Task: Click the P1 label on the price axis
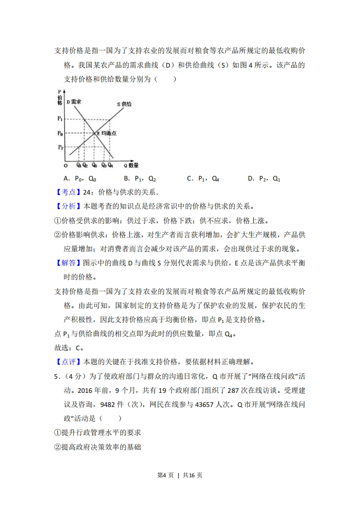(60, 119)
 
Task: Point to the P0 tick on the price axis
(60, 133)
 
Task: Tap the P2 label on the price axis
(60, 147)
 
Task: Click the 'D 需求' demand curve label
(74, 102)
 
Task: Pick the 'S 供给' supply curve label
(124, 104)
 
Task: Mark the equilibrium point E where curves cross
(94, 133)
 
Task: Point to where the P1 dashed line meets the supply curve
(109, 120)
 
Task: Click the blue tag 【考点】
(65, 192)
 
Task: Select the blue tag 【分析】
(65, 206)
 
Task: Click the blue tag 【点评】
(65, 362)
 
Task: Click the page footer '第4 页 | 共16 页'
(179, 475)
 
